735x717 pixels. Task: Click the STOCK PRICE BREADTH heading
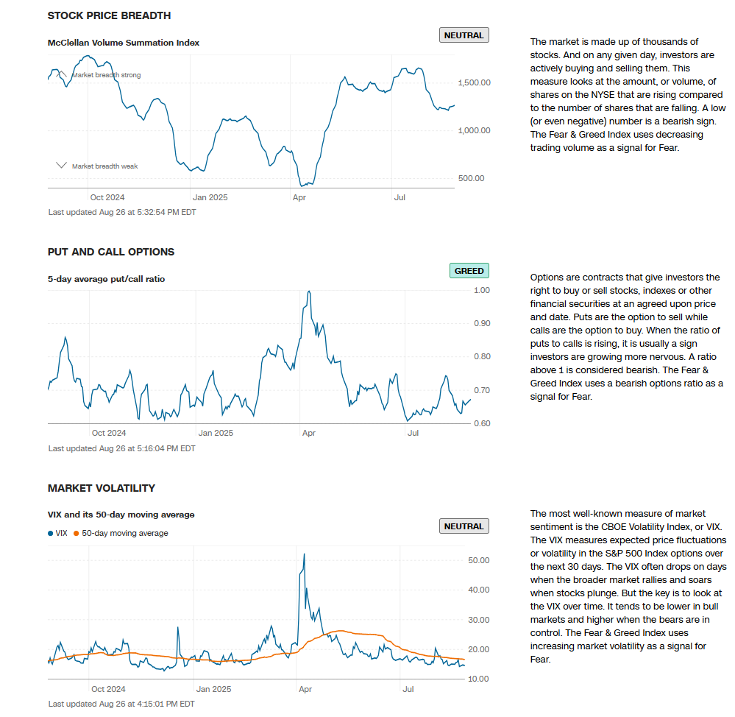pos(109,15)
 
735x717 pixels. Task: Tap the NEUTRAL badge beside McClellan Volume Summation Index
pos(464,35)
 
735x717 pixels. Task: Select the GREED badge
pos(469,271)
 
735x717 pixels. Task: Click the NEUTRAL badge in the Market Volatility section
pos(464,526)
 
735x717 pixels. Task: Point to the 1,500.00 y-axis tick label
pos(473,82)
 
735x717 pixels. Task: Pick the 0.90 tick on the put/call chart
pos(481,323)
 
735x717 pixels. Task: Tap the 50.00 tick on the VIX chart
pos(478,560)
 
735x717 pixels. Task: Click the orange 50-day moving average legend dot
pos(77,533)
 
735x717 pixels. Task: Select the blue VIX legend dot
pos(50,533)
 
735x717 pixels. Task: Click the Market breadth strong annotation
pos(106,75)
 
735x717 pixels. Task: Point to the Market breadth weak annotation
pos(104,166)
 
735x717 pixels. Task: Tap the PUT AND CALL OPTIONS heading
pos(110,252)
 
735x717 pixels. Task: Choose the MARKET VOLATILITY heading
pos(101,488)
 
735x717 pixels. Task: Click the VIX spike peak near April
pos(304,554)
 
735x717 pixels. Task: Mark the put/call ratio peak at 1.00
pos(309,292)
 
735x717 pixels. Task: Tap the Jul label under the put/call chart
pos(413,433)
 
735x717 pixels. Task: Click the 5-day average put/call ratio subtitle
pos(106,279)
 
